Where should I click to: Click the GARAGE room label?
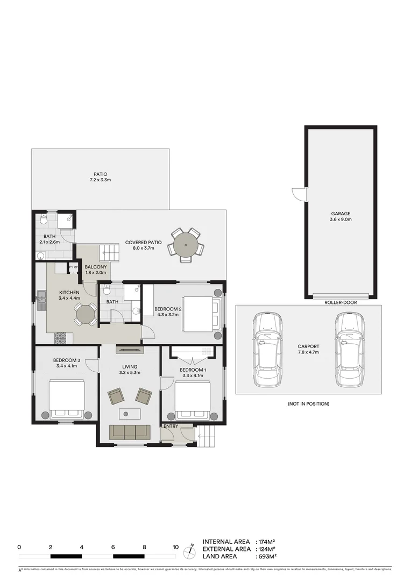pyautogui.click(x=341, y=214)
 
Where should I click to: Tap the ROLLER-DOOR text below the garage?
pyautogui.click(x=341, y=302)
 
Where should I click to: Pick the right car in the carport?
pyautogui.click(x=348, y=350)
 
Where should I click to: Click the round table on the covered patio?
pyautogui.click(x=186, y=246)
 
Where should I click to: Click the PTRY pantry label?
pyautogui.click(x=74, y=267)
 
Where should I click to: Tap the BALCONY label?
pyautogui.click(x=96, y=267)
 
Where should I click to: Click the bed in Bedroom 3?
pyautogui.click(x=67, y=398)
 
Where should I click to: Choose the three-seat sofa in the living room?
pyautogui.click(x=130, y=431)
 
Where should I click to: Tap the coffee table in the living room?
pyautogui.click(x=130, y=413)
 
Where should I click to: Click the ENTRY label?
pyautogui.click(x=171, y=427)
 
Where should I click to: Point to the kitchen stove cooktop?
pyautogui.click(x=60, y=338)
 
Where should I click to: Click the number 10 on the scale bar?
pyautogui.click(x=175, y=547)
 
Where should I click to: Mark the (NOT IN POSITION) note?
pyautogui.click(x=308, y=403)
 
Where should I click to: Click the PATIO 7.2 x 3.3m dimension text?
pyautogui.click(x=100, y=181)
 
